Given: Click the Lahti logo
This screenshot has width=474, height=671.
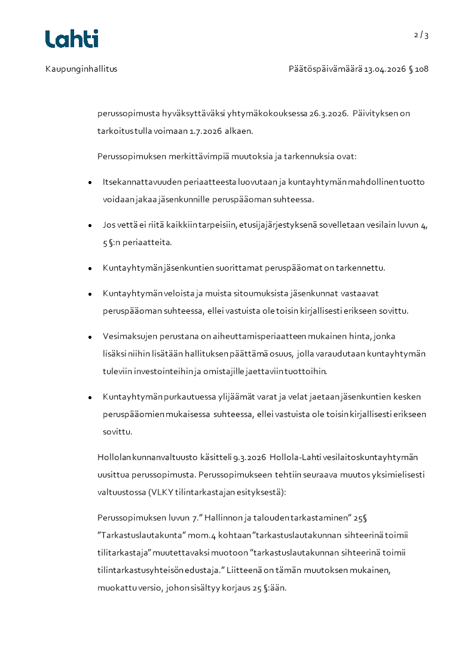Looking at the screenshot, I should click(72, 39).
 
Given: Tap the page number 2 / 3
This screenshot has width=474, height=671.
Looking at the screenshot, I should click(421, 35).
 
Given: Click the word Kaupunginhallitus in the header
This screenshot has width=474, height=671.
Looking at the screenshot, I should click(81, 69).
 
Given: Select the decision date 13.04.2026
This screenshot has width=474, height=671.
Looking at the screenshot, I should click(385, 69).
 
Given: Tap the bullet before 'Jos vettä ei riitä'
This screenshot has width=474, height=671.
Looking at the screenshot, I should click(90, 226).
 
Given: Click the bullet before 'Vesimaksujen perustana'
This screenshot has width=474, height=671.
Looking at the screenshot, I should click(90, 337).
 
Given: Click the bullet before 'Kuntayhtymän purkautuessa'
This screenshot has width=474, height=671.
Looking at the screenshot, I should click(90, 397).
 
